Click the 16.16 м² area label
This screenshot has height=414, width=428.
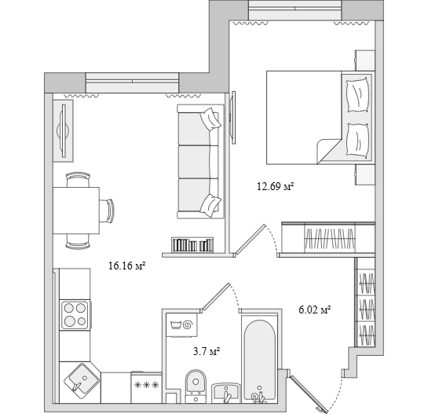point(126,266)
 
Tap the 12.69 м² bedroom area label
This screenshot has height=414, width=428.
point(275,186)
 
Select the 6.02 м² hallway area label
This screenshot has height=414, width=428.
point(315,310)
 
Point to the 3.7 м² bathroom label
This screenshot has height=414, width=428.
point(207,351)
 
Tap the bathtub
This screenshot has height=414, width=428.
point(260,361)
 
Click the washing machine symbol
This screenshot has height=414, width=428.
point(181,324)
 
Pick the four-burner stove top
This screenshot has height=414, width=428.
point(75,315)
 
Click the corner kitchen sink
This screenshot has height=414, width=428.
point(81,381)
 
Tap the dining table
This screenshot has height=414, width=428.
point(76,211)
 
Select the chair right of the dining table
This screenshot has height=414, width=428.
point(107,211)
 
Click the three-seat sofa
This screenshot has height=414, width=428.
point(200,161)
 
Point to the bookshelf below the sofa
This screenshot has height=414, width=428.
point(192,245)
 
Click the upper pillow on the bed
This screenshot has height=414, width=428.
point(357,95)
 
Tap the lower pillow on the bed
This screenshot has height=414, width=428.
point(357,140)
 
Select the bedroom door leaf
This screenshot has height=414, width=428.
point(251,240)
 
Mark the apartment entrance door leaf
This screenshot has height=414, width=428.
point(309,394)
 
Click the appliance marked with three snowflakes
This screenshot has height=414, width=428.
point(147,387)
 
